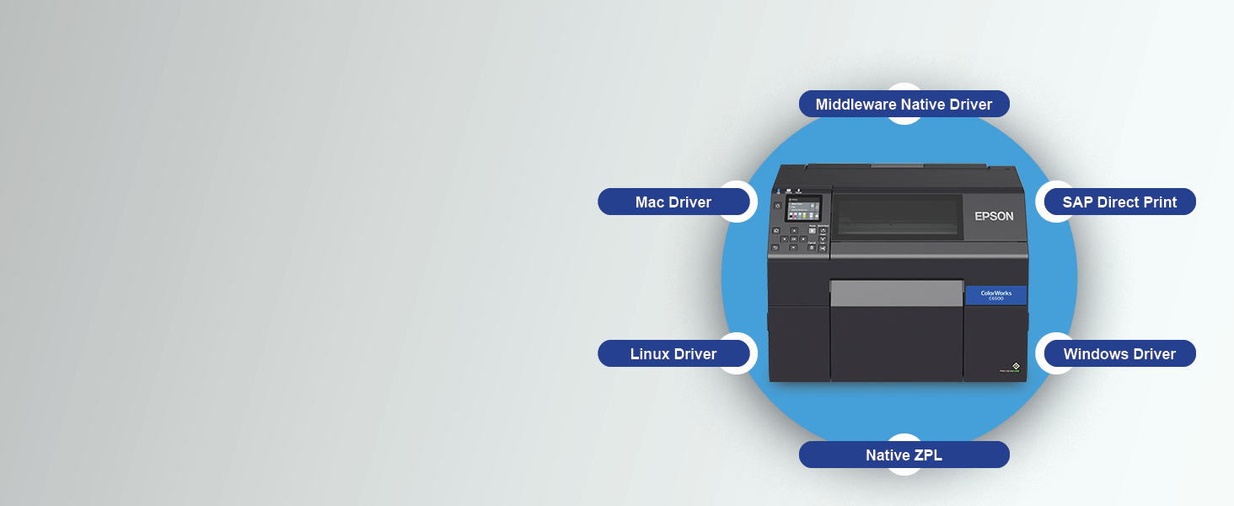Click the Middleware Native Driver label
904,105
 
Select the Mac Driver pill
673,202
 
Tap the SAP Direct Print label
1119,202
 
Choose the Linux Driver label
673,354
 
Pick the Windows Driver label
1119,354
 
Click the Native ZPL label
904,455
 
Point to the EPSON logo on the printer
994,216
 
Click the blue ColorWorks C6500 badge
995,295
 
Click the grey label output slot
896,293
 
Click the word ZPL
926,455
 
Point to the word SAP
1079,202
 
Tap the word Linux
651,354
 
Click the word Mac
650,202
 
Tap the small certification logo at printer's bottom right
1015,367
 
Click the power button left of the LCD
777,205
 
